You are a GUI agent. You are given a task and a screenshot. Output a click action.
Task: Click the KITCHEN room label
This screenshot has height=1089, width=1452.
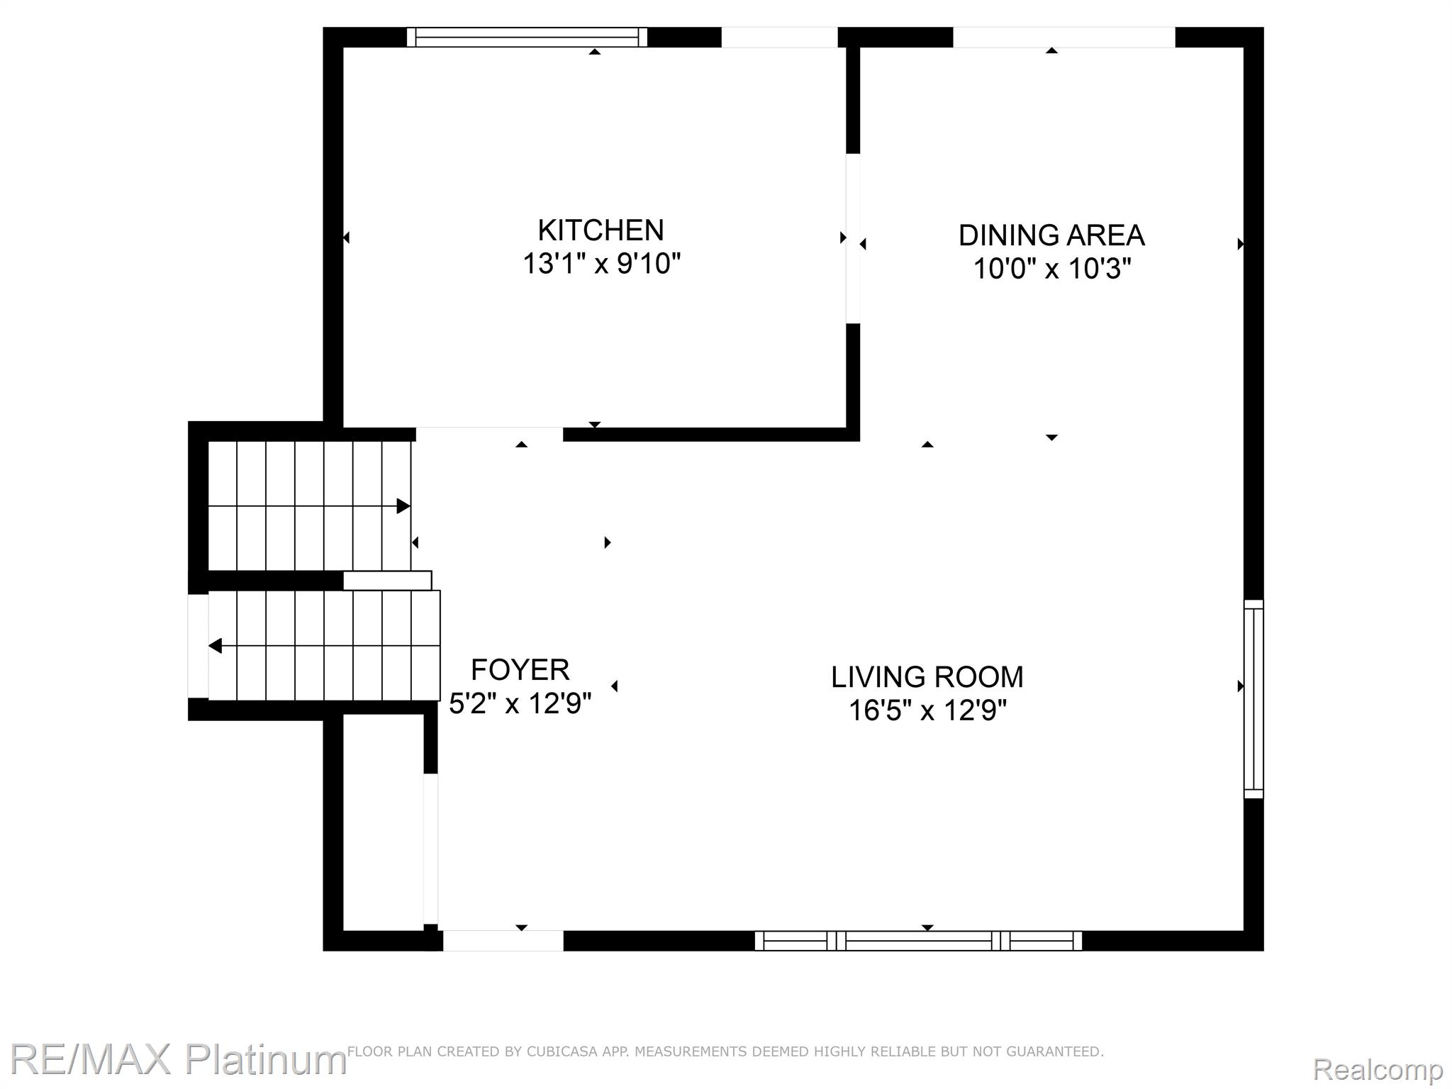(x=601, y=230)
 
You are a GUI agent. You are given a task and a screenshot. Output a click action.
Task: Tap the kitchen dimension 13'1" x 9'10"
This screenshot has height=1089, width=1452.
(x=601, y=264)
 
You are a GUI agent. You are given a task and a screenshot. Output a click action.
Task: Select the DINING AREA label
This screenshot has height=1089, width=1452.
(x=1051, y=235)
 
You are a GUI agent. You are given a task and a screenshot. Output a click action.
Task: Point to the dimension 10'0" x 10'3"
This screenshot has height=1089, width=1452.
(x=1051, y=269)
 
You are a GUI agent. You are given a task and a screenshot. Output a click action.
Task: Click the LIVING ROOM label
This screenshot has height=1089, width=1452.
(x=927, y=677)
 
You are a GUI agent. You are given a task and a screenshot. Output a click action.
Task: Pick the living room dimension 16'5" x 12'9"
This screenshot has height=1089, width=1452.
(x=927, y=710)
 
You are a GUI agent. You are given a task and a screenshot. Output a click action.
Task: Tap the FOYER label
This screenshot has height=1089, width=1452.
(x=520, y=670)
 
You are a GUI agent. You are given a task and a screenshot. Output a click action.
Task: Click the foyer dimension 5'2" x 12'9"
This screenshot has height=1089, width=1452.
(x=520, y=703)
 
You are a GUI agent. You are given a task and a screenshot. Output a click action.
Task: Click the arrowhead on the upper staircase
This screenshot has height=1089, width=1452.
(x=403, y=506)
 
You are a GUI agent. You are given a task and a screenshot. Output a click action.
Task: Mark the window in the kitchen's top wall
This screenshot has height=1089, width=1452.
(x=527, y=37)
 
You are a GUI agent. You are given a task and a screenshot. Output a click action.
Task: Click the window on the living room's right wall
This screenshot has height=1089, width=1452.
(x=1253, y=698)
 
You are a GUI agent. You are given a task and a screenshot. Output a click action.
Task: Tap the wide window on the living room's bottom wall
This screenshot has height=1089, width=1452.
(x=917, y=941)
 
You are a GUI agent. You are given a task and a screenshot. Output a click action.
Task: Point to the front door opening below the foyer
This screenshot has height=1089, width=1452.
(x=503, y=941)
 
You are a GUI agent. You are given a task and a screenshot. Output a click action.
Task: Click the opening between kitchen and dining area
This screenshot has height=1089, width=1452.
(x=853, y=238)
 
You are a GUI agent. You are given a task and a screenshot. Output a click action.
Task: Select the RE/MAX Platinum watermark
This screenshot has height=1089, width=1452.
(x=177, y=1059)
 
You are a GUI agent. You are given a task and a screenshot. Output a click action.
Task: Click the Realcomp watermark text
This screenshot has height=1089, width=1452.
(x=1378, y=1068)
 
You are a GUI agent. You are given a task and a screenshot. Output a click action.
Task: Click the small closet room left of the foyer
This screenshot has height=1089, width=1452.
(x=383, y=822)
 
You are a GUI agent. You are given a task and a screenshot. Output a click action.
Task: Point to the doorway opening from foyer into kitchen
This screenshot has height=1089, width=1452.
(x=489, y=433)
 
